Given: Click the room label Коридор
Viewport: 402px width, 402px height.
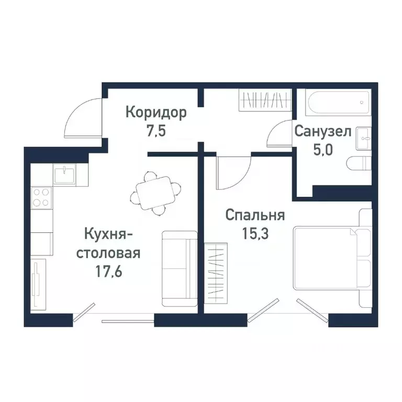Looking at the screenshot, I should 156,112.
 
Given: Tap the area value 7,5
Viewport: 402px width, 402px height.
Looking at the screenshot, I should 156,131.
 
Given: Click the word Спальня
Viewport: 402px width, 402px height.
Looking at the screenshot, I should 255,215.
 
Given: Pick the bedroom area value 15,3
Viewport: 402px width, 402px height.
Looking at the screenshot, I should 255,233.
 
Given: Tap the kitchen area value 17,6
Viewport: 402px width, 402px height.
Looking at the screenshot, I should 109,272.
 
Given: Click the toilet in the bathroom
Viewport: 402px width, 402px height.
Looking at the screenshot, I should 360,164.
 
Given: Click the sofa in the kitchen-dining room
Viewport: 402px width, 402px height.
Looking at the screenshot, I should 178,269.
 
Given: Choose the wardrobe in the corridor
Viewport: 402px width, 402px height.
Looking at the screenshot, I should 265,99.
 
